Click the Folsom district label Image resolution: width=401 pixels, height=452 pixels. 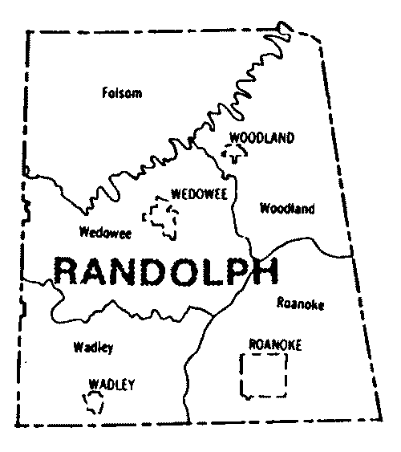pos(122,93)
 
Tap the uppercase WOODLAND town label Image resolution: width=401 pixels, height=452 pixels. pos(261,138)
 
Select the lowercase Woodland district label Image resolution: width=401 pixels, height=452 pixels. pos(287,210)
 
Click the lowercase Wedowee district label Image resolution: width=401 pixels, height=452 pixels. pos(106,234)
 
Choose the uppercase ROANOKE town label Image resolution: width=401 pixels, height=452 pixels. pos(275,344)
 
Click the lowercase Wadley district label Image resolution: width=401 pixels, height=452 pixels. pos(93,348)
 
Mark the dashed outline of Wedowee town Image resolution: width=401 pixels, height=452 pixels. pos(160,218)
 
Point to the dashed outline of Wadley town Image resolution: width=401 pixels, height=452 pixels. pos(90,401)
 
